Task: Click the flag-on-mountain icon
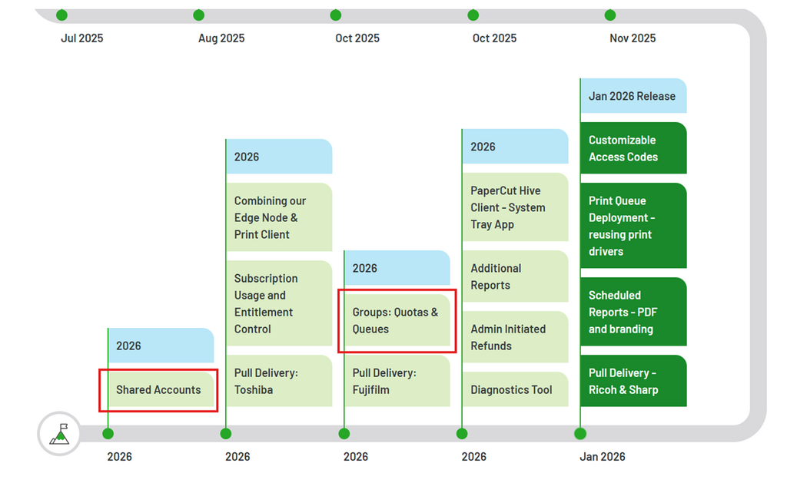click(59, 434)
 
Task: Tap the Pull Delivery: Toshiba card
click(279, 381)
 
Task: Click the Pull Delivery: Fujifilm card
click(397, 381)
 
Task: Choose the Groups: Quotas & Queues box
click(397, 320)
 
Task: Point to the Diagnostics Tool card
click(516, 389)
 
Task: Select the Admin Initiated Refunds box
click(516, 337)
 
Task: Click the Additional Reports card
click(516, 276)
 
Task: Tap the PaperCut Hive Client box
click(516, 207)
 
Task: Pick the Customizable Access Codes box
click(633, 148)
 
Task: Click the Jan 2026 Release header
click(633, 95)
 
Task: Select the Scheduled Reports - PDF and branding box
click(633, 312)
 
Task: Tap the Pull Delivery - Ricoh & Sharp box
click(633, 381)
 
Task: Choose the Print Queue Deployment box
click(633, 225)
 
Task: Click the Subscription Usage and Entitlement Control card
click(279, 303)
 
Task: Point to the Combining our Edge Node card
click(279, 217)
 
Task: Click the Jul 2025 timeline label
click(81, 38)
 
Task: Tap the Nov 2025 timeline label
click(633, 38)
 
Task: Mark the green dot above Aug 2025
click(199, 15)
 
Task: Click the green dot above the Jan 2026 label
click(580, 433)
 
